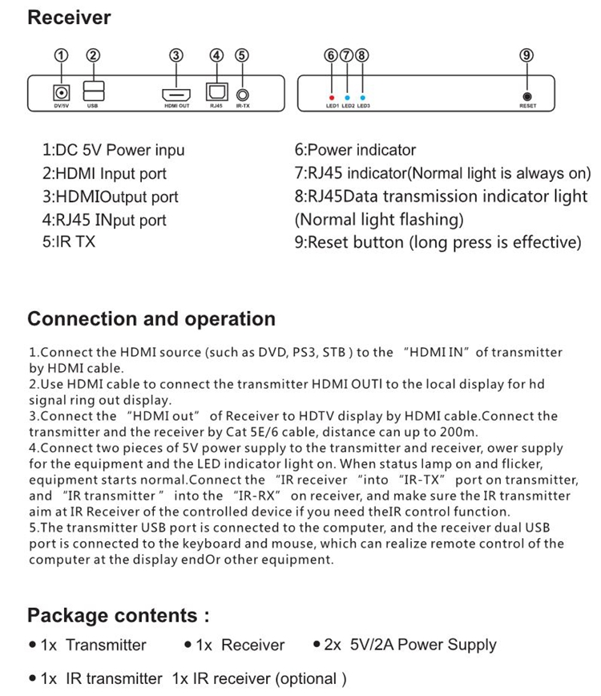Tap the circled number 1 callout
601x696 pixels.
[x=59, y=55]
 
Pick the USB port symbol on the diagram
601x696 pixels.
[x=92, y=90]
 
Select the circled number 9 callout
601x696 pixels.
[x=526, y=55]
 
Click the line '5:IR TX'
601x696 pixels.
[x=68, y=241]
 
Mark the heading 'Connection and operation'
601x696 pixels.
[x=151, y=319]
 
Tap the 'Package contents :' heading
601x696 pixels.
[x=119, y=616]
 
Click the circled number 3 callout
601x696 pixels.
[x=176, y=55]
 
